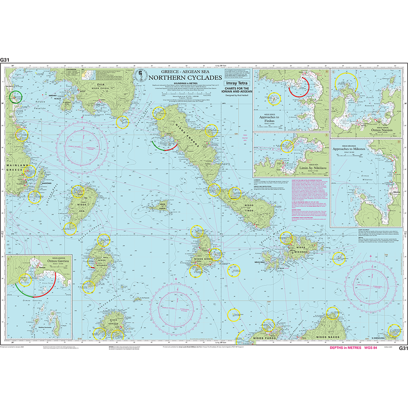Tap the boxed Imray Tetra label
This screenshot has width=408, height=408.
237,83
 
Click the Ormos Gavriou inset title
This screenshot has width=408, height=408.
45,266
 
